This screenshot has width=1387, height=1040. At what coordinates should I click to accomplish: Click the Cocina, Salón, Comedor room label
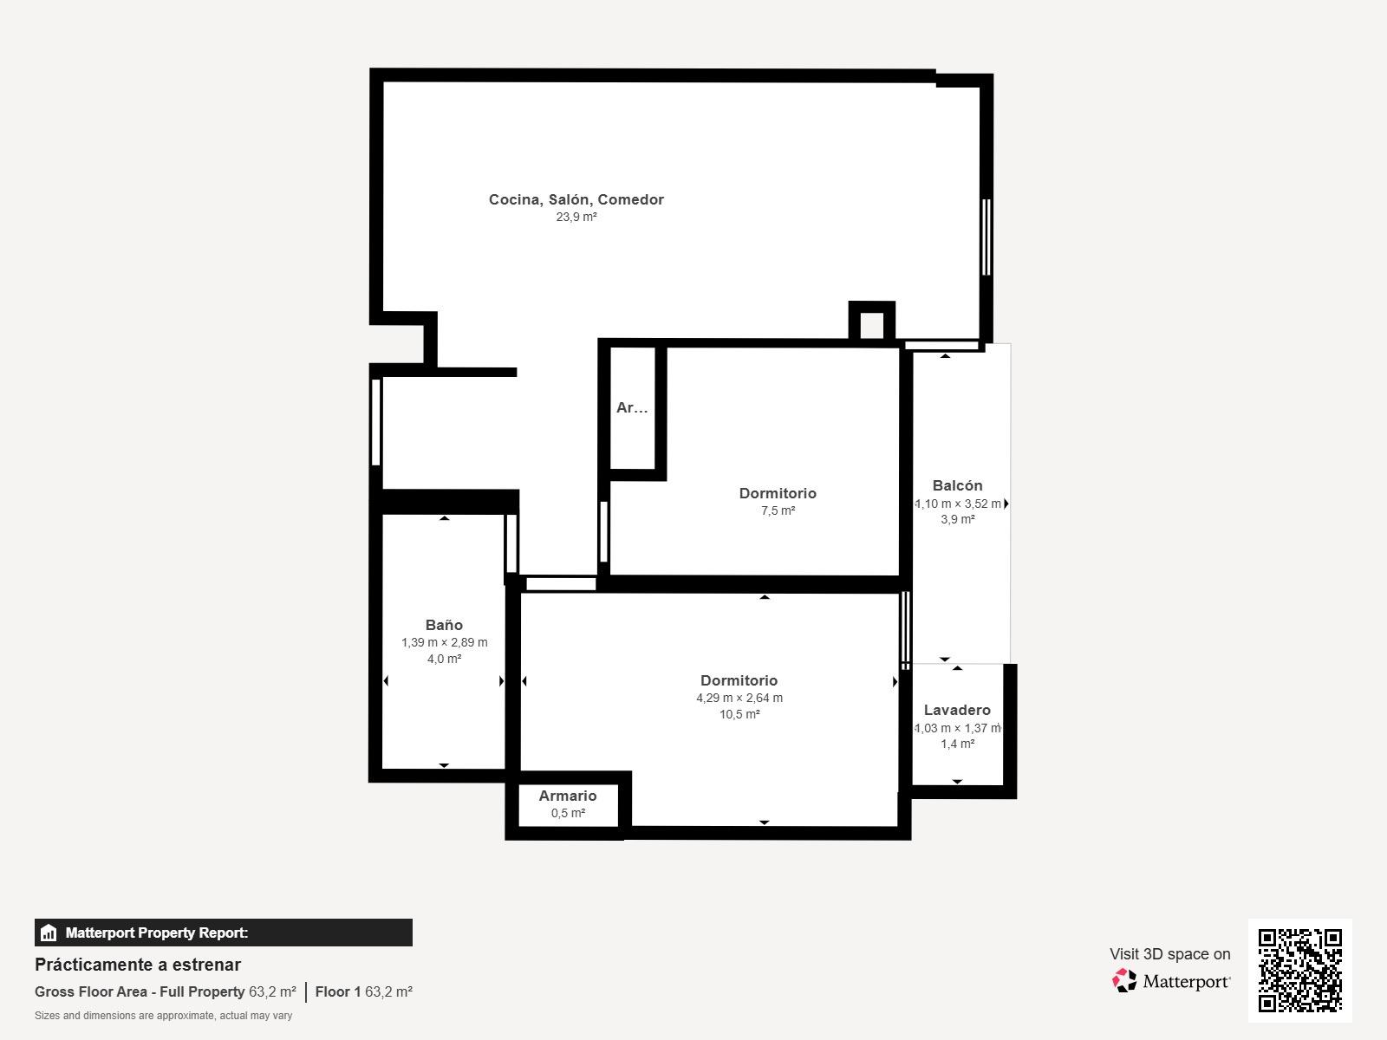(x=576, y=199)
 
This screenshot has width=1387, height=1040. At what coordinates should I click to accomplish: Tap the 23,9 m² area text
(x=576, y=217)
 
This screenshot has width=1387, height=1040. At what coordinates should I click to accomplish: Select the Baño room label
(x=444, y=625)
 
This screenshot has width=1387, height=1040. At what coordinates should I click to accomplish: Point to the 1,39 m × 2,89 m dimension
(x=444, y=642)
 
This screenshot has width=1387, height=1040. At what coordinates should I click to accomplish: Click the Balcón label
(x=957, y=485)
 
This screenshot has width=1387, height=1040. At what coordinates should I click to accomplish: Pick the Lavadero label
(x=957, y=710)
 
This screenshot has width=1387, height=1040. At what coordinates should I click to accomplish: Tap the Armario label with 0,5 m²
(x=568, y=796)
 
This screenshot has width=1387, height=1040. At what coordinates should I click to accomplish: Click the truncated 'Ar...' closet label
(x=632, y=407)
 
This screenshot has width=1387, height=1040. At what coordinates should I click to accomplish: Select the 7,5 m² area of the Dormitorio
(x=778, y=510)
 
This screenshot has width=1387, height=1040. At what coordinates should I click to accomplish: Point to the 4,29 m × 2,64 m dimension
(x=739, y=698)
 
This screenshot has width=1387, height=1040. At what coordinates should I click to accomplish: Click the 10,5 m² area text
(x=739, y=714)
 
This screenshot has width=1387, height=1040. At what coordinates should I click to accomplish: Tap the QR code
(x=1299, y=971)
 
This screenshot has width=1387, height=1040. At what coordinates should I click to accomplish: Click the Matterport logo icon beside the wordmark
(x=1124, y=981)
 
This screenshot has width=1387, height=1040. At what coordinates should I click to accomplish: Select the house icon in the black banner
(x=48, y=933)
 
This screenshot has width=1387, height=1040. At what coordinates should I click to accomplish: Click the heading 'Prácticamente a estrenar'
(x=138, y=965)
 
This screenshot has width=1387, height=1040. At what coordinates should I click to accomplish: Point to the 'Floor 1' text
(x=338, y=992)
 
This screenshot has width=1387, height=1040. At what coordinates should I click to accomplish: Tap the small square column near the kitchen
(x=872, y=323)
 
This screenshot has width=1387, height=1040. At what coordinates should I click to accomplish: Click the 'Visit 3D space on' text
(x=1170, y=954)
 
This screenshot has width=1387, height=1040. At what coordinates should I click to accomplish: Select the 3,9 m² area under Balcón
(x=957, y=519)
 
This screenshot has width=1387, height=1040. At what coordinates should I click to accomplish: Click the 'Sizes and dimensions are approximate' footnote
(x=164, y=1016)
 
